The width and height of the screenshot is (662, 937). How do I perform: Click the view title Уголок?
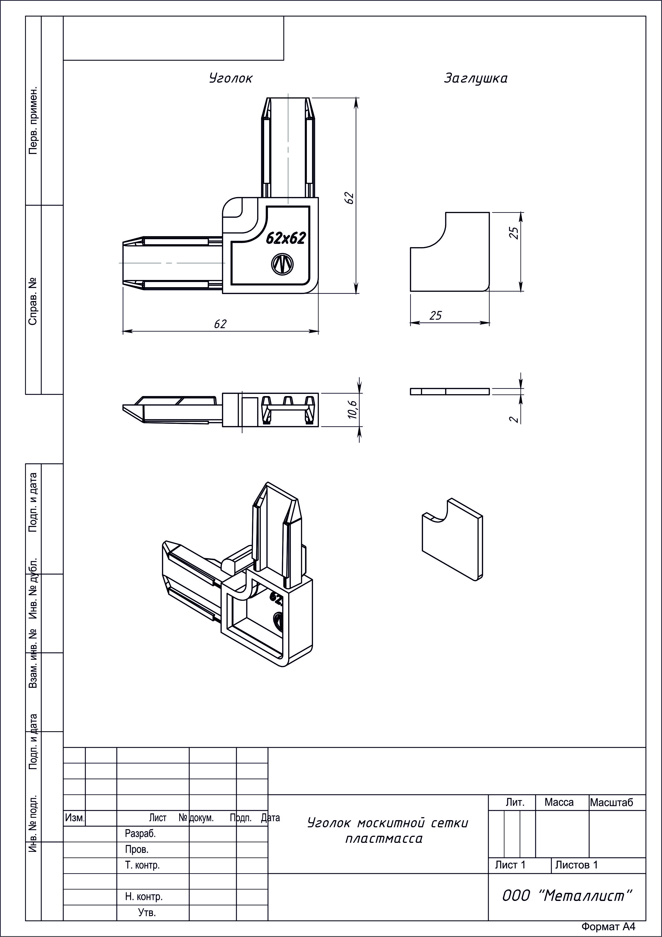pos(231,78)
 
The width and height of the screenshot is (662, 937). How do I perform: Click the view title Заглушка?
pos(476,78)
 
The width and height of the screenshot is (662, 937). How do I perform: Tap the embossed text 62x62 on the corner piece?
pos(286,238)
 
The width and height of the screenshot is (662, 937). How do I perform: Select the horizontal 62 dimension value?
pos(220,324)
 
